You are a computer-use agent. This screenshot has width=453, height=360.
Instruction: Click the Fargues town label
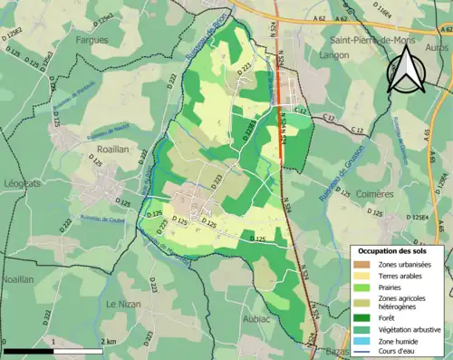[x=92, y=40]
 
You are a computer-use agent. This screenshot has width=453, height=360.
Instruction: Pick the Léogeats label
[x=23, y=183]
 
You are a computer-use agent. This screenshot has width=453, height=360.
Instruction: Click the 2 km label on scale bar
[x=111, y=341]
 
